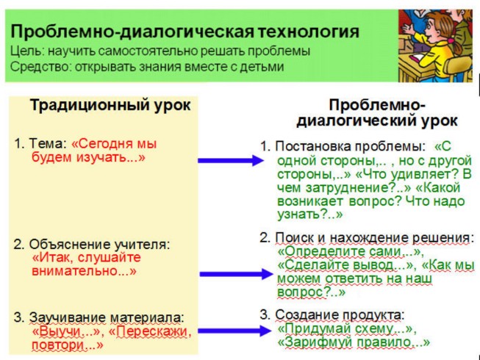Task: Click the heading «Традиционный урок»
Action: [x=110, y=105]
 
